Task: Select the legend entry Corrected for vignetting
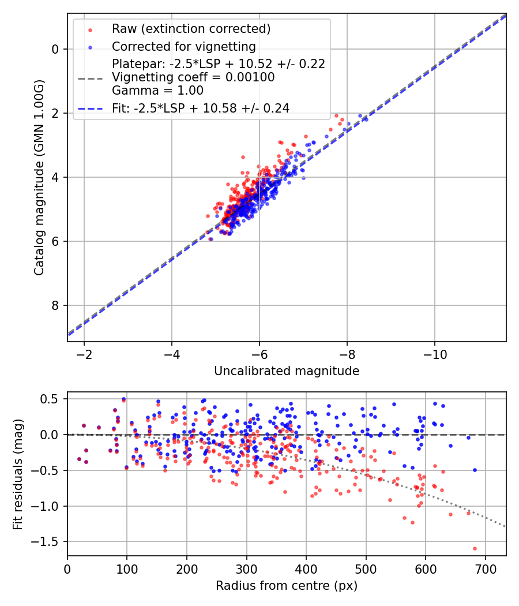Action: pos(184,46)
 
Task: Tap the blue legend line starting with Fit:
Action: pos(91,108)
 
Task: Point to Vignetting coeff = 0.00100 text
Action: pos(193,77)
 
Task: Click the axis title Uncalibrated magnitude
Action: pos(287,371)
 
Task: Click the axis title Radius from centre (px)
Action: pos(287,586)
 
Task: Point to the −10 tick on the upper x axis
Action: pos(435,354)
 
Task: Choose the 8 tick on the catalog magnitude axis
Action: pos(55,305)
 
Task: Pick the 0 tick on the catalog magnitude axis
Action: pos(55,49)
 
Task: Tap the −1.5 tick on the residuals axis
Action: pos(47,542)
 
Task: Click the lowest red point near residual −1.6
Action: pos(475,548)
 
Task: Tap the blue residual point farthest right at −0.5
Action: pos(475,470)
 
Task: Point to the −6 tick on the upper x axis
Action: pos(259,354)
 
